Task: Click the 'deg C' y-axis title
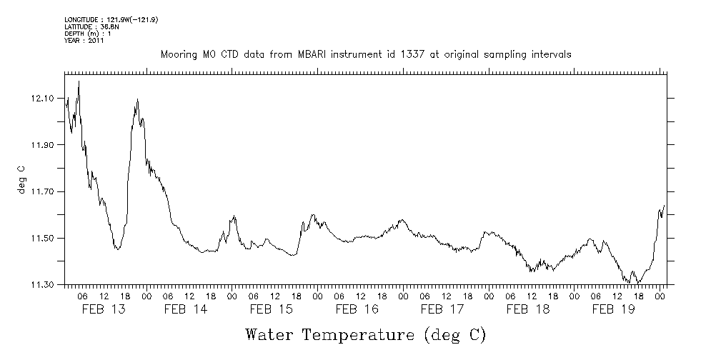[21, 179]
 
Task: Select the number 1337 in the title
[394, 55]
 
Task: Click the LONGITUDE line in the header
[111, 19]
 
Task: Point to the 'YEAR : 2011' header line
[84, 41]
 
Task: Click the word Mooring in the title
[177, 55]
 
